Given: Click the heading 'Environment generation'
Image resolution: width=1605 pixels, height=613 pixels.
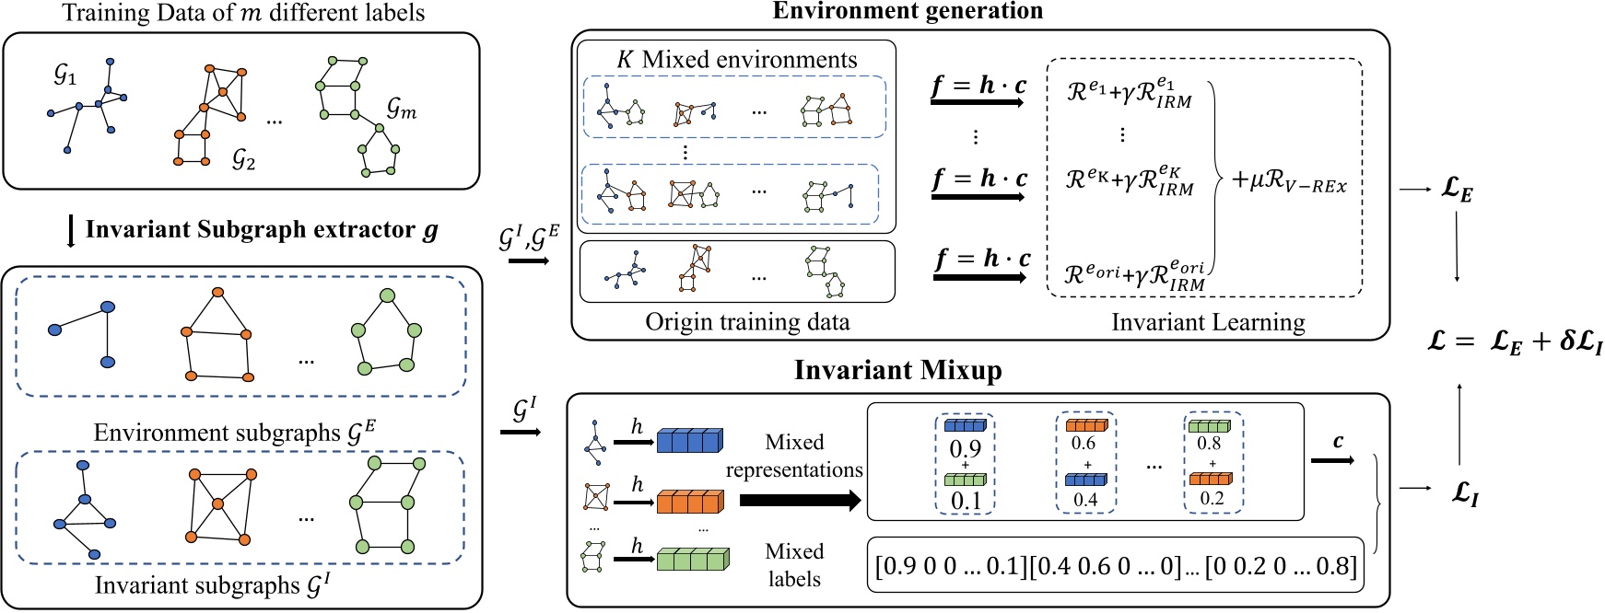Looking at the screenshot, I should (907, 11).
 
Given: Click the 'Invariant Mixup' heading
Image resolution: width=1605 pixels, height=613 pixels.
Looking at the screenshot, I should (897, 370).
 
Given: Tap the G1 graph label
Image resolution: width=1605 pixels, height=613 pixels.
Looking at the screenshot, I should (64, 75).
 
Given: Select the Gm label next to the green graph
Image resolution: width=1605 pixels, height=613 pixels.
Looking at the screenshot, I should (402, 109).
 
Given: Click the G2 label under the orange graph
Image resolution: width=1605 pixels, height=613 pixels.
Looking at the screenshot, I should (243, 160).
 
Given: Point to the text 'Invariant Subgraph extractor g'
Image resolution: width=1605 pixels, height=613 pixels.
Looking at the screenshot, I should (262, 230).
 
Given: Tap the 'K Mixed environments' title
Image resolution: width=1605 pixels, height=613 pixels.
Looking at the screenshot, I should (737, 60).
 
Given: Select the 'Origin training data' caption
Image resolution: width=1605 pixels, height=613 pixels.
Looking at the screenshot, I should (747, 322).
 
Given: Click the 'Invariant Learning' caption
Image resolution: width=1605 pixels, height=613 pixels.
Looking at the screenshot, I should (1208, 322).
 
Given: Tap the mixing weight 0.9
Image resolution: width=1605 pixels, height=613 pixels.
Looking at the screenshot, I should (965, 448).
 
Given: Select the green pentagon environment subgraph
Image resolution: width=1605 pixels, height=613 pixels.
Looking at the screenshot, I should (385, 331).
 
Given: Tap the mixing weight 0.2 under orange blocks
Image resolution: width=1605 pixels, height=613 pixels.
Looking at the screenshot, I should (1212, 498).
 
